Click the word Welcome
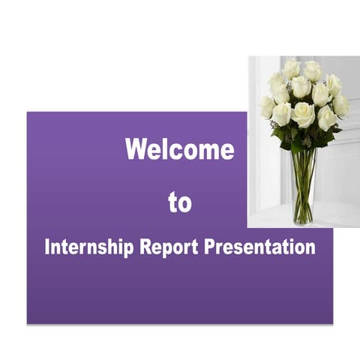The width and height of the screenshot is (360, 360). pos(179,149)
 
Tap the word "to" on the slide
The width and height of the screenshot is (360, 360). pos(179,202)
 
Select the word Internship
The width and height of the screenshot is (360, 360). pos(90,247)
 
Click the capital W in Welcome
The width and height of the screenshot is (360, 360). pos(136,149)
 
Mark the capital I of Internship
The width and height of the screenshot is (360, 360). pos(47,247)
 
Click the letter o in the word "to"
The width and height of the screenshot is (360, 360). pos(185,203)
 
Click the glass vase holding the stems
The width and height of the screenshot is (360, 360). pos(304,187)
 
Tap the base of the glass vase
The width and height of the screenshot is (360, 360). pos(303,220)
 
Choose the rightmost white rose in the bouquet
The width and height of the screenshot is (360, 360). pos(341,106)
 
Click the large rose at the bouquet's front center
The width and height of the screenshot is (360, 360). pos(304,113)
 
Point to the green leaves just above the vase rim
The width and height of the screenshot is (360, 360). pos(304,141)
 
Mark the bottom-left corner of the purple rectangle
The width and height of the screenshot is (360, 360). pos(28,323)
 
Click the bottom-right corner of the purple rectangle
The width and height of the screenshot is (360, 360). pos(332,323)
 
